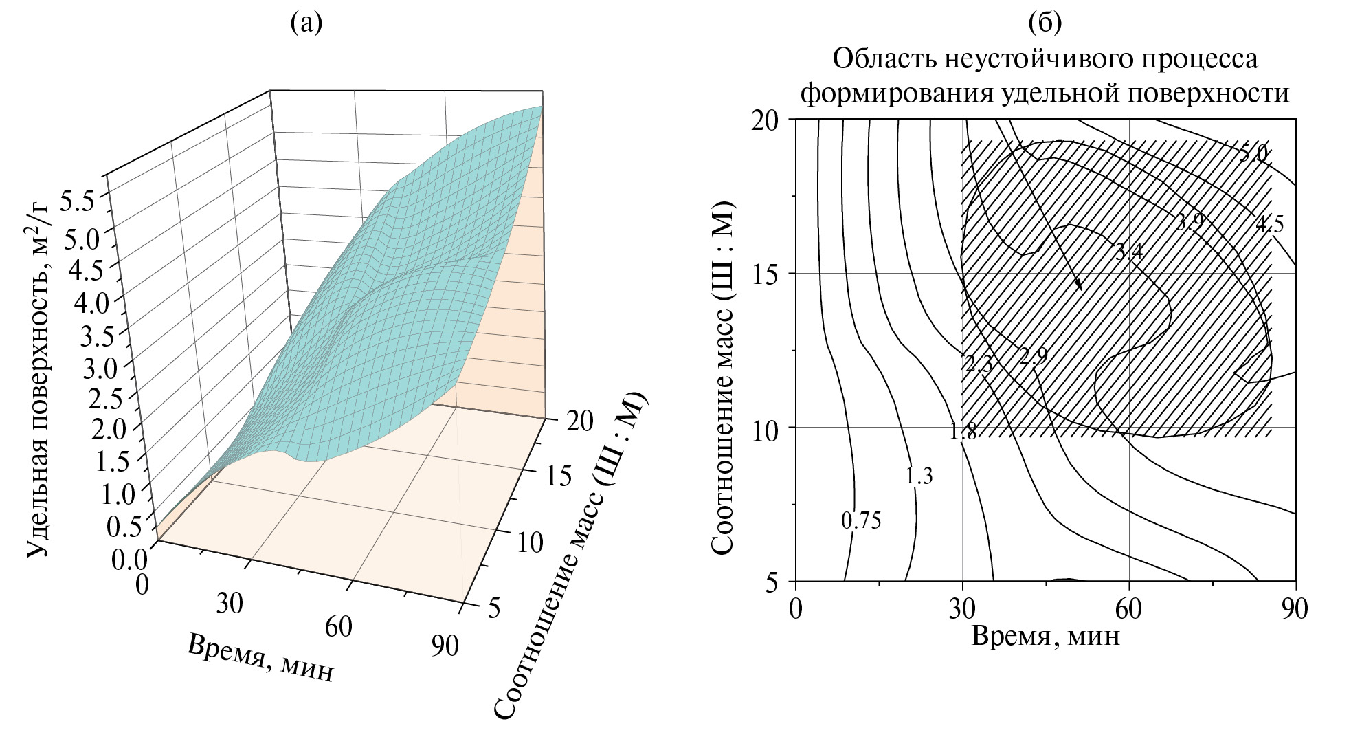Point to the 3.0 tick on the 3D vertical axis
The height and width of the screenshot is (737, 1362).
(x=100, y=369)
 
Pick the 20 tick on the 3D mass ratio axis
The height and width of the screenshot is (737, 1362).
(x=572, y=421)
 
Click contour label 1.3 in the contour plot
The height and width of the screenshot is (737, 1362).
(x=919, y=476)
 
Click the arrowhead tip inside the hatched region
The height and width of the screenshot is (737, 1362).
(x=1082, y=289)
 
